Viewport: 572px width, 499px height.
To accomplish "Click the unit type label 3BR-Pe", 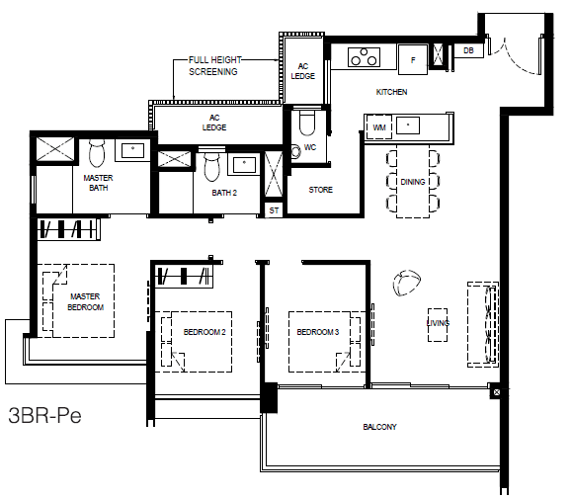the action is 44,415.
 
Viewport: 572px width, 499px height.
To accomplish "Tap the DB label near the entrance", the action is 468,50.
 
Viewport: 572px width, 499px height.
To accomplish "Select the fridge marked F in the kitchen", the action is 413,59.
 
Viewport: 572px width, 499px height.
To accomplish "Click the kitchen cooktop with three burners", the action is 364,57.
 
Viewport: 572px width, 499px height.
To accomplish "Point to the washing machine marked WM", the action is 379,127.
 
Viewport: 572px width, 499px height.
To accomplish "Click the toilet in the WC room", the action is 307,123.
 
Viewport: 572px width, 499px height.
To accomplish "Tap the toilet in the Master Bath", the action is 97,152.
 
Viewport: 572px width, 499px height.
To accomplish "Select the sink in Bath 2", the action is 244,164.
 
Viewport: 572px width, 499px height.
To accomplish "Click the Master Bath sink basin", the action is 132,150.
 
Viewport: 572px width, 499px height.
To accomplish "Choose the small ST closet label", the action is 274,210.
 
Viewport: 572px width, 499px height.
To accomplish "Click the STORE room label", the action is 321,190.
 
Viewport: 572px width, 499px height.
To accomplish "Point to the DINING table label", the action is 413,182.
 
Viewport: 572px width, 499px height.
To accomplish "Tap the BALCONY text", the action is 379,427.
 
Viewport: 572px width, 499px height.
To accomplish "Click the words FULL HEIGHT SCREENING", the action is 214,65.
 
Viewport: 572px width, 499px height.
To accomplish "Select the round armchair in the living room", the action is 406,283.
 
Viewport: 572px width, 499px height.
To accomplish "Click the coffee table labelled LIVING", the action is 438,325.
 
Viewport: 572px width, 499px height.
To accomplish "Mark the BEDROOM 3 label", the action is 318,332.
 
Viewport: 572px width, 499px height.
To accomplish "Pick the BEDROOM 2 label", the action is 204,332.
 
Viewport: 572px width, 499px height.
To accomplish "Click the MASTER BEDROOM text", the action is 85,301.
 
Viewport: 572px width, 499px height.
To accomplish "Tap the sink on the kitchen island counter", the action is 408,125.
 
